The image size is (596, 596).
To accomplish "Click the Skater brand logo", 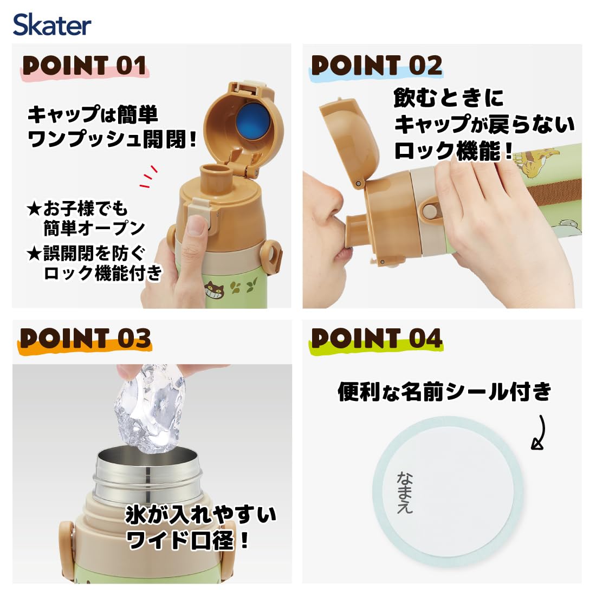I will point(52,25).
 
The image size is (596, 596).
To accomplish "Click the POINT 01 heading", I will point(85,66).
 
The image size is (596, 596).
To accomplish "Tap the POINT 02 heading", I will point(377,66).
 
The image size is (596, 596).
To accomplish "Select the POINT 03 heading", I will point(85,339).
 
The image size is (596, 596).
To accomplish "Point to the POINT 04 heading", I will point(377,339).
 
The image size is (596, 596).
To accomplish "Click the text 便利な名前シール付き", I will point(444,391).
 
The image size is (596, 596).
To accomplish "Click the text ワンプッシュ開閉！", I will point(112,140).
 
